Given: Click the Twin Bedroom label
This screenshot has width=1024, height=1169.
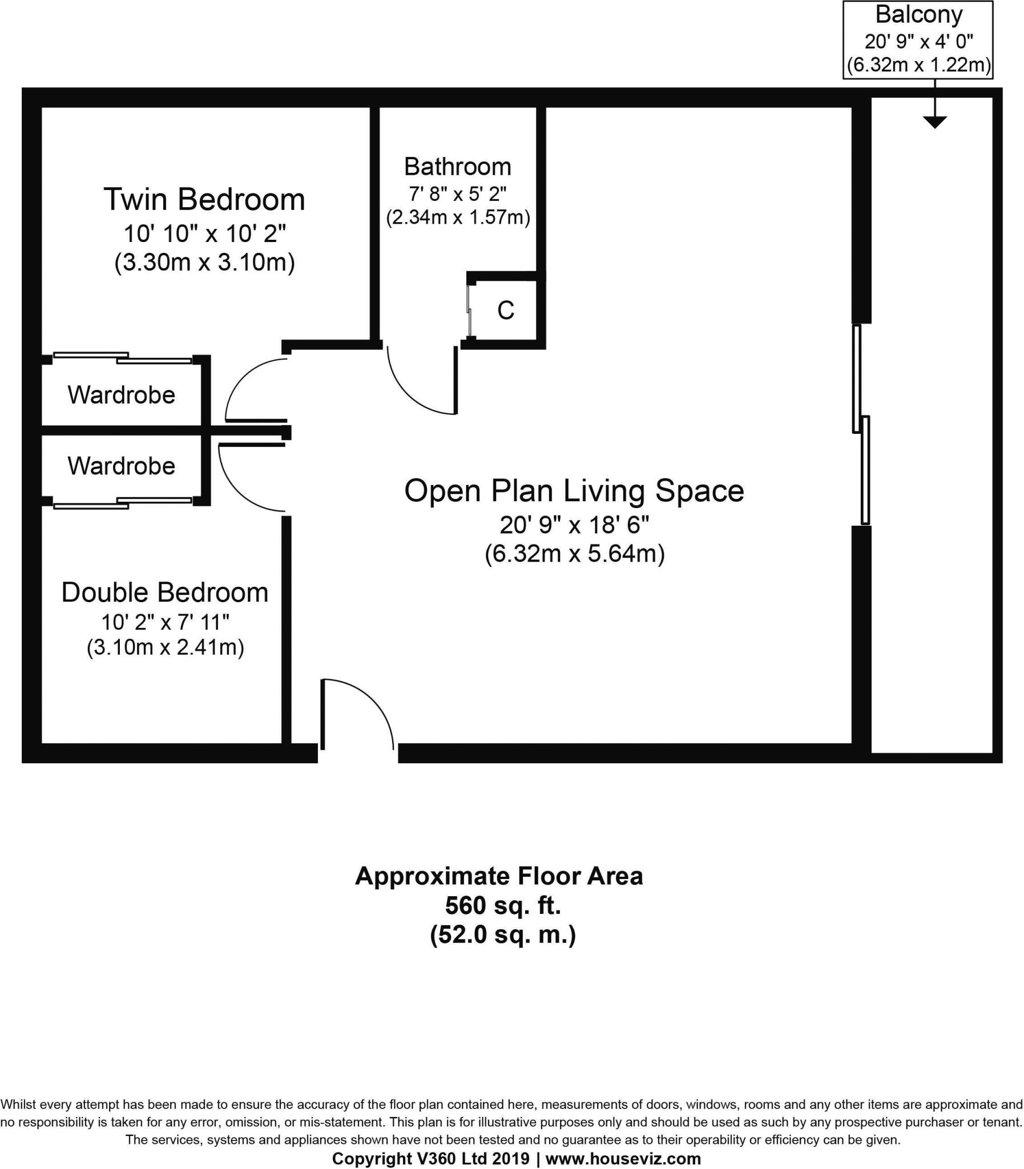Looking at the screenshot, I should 204,199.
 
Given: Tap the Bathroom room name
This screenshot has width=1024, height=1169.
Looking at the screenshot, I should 457,167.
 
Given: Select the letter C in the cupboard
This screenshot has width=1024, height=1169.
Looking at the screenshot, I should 506,311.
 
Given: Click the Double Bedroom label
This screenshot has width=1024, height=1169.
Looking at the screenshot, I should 164,592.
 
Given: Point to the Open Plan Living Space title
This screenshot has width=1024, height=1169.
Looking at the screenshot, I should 574,490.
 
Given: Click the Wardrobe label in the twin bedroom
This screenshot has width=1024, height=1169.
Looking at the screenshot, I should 121,395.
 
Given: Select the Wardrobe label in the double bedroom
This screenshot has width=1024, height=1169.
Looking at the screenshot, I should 121,466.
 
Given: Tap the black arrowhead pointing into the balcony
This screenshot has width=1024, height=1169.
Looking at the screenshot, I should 934,122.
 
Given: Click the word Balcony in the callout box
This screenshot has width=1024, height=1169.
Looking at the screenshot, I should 918,15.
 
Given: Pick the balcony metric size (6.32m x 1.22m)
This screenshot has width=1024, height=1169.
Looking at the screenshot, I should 918,65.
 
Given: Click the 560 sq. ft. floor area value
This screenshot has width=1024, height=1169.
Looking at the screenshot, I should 502,905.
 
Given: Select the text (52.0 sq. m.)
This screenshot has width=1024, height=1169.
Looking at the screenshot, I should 502,935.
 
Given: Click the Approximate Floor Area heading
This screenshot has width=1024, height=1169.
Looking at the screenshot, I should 499,876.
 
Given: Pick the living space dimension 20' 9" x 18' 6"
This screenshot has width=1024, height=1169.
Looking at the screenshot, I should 574,525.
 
